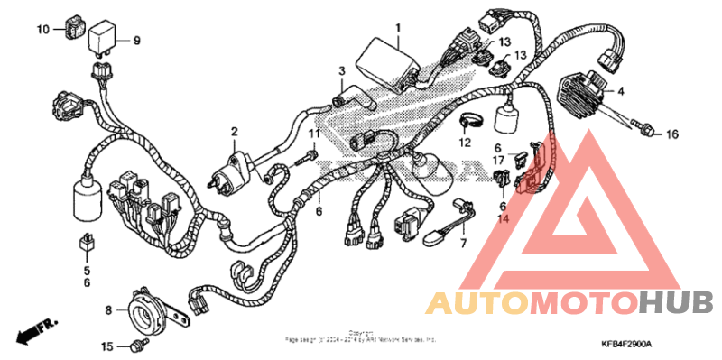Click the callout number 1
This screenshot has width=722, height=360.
click(x=397, y=29)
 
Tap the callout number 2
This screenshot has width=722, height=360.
click(x=233, y=132)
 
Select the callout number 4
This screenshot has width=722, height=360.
click(x=621, y=91)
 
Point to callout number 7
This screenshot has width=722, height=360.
click(x=463, y=244)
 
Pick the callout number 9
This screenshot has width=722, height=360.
click(x=138, y=40)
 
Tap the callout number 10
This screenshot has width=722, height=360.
click(x=43, y=29)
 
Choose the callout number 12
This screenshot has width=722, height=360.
click(x=465, y=143)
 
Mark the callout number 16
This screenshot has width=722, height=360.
click(x=671, y=134)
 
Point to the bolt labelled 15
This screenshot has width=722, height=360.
click(x=136, y=344)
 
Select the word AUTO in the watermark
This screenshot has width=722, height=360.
click(x=477, y=301)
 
